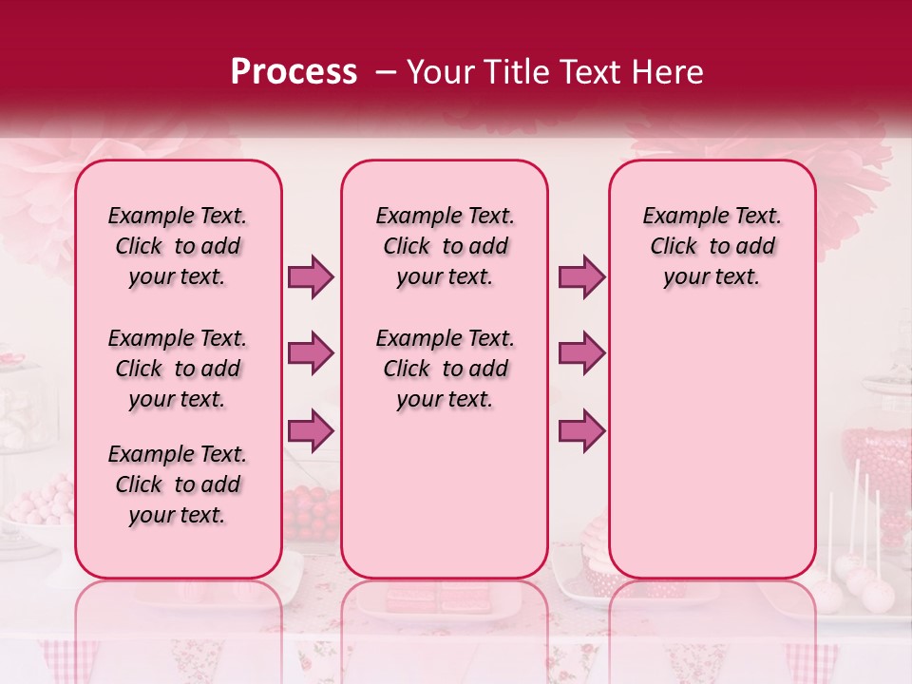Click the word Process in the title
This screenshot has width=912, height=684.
(294, 71)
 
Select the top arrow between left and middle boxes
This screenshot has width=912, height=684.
(311, 276)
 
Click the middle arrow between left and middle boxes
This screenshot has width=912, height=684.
(311, 353)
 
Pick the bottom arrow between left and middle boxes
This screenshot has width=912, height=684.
(311, 430)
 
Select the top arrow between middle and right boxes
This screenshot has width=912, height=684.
(581, 276)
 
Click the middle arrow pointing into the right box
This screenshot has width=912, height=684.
(581, 353)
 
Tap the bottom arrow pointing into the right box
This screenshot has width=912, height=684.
(581, 430)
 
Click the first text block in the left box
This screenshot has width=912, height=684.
(178, 246)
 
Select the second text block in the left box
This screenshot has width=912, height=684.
(178, 369)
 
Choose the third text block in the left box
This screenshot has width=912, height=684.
(178, 484)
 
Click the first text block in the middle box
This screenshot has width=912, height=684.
(445, 246)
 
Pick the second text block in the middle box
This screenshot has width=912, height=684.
(445, 369)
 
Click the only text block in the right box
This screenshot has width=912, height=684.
(712, 246)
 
